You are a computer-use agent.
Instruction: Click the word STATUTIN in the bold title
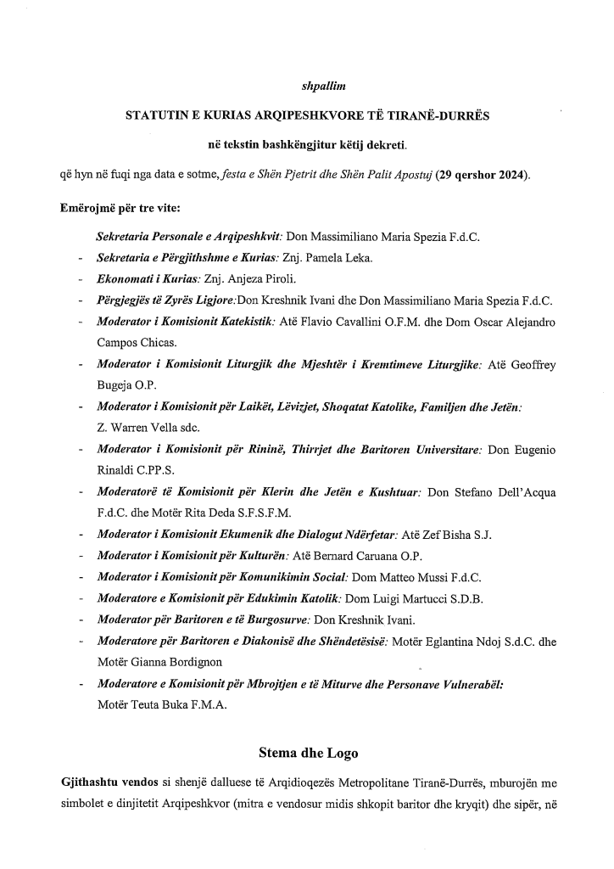(156, 114)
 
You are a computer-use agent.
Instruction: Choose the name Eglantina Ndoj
(461, 642)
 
